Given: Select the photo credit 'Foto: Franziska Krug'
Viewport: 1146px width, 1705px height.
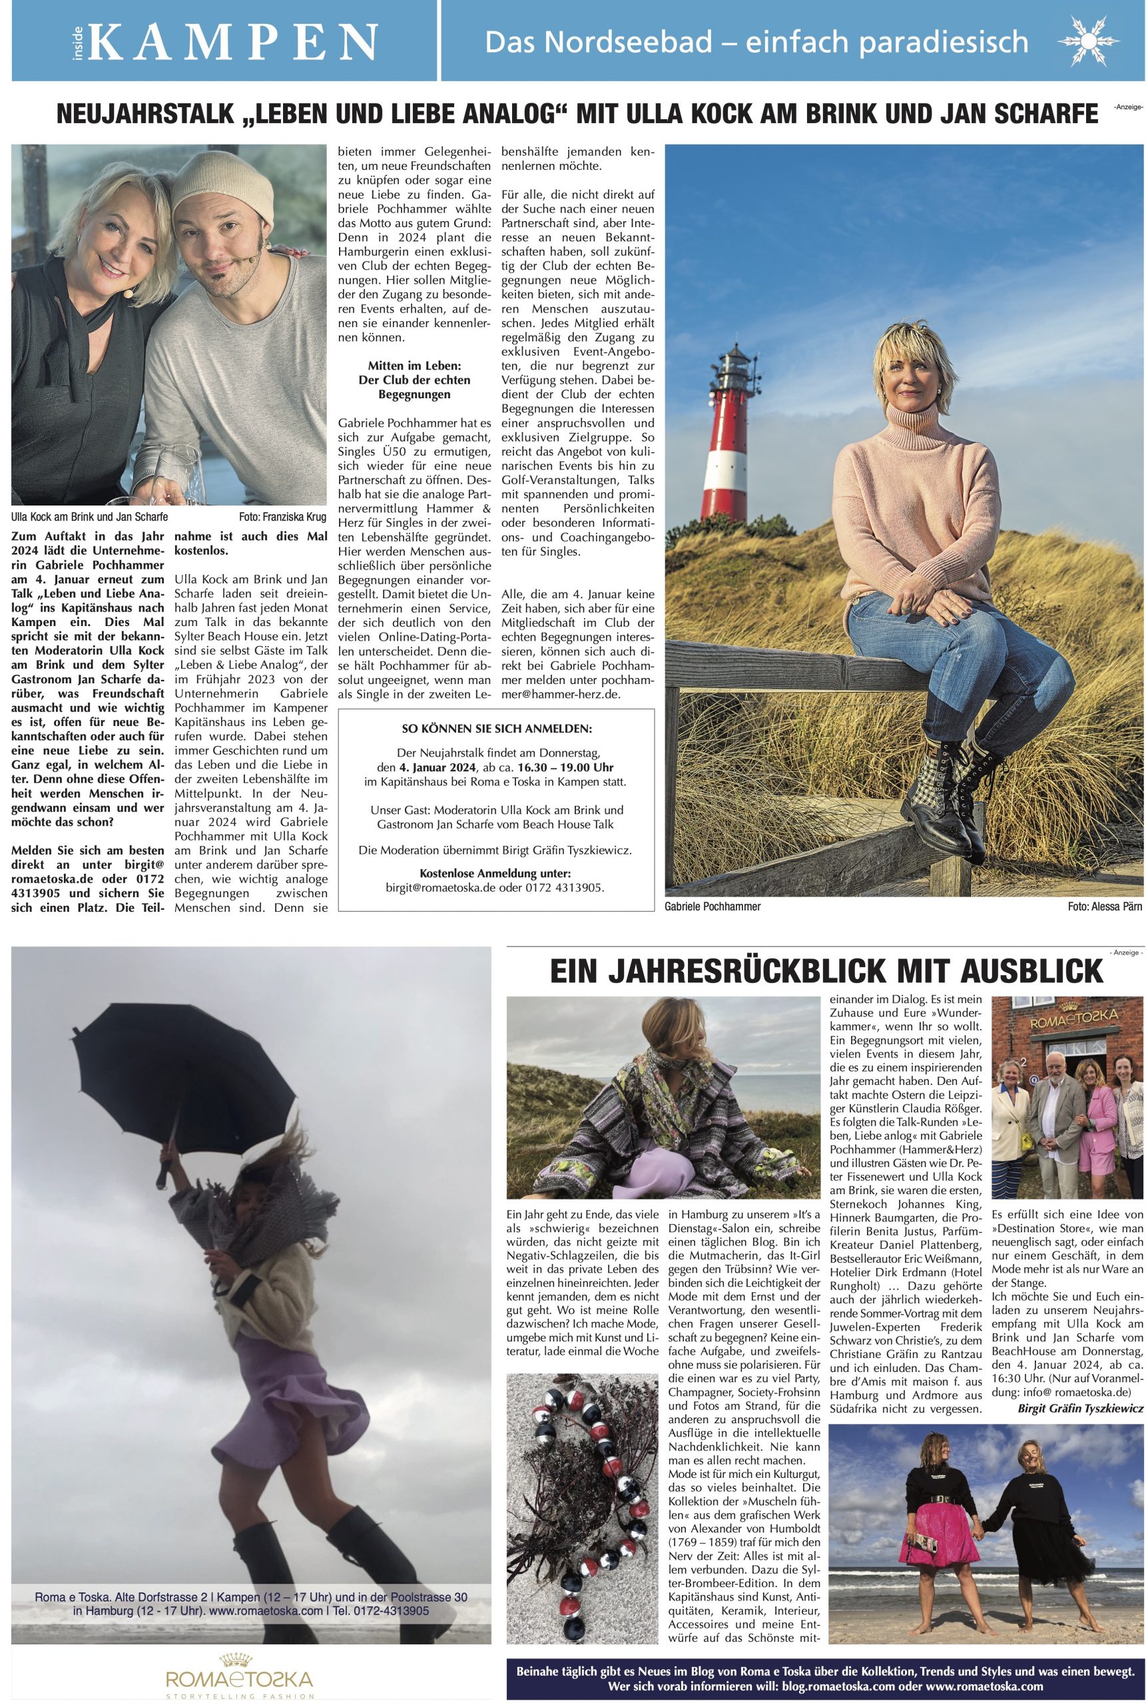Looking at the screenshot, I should [x=282, y=517].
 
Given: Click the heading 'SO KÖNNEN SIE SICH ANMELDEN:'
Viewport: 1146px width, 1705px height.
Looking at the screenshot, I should [x=497, y=729].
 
